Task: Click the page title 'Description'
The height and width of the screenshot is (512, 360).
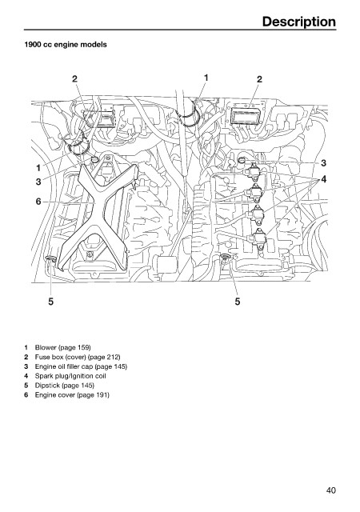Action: (x=298, y=22)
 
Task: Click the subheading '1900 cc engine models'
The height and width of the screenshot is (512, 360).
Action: (x=66, y=45)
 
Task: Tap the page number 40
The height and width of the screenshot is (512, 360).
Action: (x=330, y=490)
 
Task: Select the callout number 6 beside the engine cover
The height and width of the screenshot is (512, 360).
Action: (x=38, y=202)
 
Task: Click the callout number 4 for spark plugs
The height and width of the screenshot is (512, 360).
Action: (x=323, y=179)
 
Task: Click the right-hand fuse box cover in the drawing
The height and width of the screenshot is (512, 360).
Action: (x=246, y=116)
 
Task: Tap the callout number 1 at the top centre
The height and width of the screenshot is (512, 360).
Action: (x=206, y=78)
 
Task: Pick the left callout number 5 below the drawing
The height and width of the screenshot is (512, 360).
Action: (x=50, y=302)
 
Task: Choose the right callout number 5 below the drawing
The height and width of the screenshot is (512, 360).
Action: (x=238, y=302)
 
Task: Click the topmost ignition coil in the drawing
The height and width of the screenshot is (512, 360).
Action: (x=254, y=171)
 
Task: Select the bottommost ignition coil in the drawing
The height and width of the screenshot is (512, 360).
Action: (x=259, y=240)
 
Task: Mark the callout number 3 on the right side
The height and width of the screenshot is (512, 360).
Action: (x=323, y=162)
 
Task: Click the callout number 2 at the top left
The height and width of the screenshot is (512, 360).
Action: (x=75, y=78)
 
